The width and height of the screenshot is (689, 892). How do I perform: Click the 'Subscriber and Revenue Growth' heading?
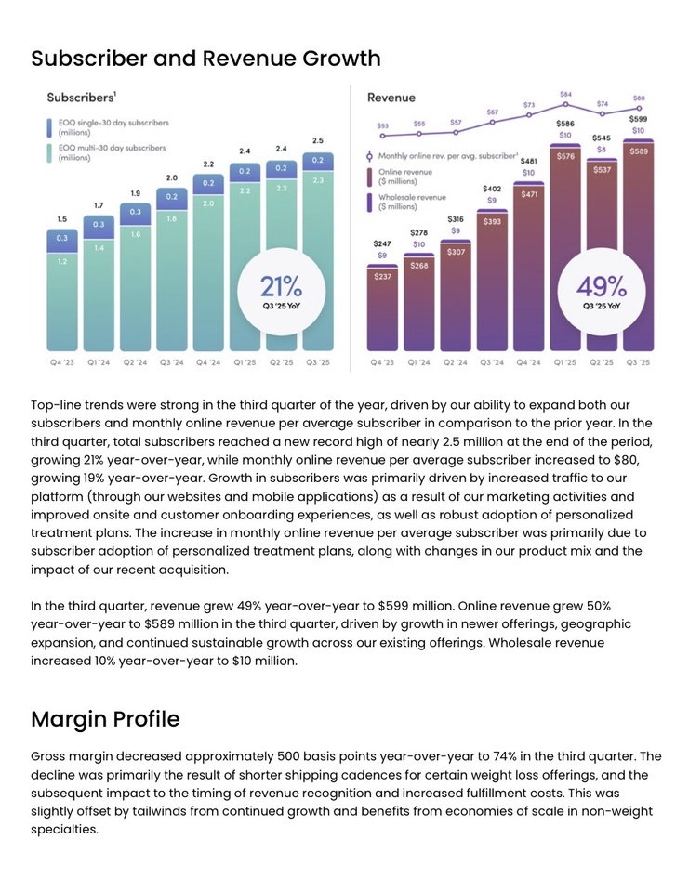point(205,59)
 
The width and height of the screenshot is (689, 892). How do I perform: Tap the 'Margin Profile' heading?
point(105,718)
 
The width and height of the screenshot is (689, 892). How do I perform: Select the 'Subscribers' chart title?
point(81,97)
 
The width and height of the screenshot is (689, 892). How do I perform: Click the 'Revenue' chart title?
point(391,98)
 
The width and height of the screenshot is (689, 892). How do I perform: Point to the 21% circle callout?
point(280,291)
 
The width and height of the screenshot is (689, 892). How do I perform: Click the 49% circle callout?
point(602,291)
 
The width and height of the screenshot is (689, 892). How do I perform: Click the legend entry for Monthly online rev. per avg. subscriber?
point(443,156)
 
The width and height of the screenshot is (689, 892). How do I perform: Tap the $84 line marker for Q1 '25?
point(565,105)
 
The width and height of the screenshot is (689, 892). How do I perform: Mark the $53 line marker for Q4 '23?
point(382,135)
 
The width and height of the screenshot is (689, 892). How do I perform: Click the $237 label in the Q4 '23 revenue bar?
point(382,276)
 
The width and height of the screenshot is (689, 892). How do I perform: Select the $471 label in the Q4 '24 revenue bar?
point(529,194)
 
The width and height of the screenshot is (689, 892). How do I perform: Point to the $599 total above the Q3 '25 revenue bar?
point(638,119)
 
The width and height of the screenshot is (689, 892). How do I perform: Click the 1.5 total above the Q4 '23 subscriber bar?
point(62,219)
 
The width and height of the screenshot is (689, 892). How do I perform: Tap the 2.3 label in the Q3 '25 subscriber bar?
point(318,180)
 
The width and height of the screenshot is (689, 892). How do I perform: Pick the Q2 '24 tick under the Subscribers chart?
point(135,362)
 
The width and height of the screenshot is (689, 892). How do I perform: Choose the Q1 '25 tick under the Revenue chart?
point(565,362)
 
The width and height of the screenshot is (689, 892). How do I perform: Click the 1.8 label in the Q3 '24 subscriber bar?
point(171,219)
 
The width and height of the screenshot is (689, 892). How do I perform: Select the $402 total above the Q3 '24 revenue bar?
point(492,189)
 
